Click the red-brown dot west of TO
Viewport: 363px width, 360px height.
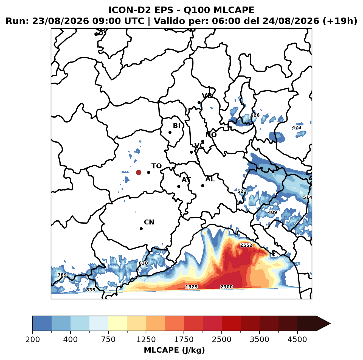(139, 172)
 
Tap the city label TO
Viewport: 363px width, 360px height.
(157, 166)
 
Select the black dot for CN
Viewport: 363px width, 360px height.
(141, 229)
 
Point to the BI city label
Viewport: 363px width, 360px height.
(177, 126)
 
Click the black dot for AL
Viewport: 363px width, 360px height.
(202, 185)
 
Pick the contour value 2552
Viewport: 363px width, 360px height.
(246, 245)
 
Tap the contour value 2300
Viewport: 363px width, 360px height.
(226, 287)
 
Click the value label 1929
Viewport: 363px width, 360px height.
(192, 287)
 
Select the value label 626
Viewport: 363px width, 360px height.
(255, 115)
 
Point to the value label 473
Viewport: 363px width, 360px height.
(297, 127)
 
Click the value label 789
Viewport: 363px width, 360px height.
(62, 275)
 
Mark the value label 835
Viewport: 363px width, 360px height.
(91, 290)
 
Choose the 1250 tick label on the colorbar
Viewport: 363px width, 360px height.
(146, 339)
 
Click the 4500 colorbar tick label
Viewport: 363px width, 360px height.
(297, 339)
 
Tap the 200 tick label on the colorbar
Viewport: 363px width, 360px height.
(33, 339)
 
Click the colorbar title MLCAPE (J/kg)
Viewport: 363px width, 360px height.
(175, 350)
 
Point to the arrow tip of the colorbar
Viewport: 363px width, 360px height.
(330, 324)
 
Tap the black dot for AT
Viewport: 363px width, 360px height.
(179, 186)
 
